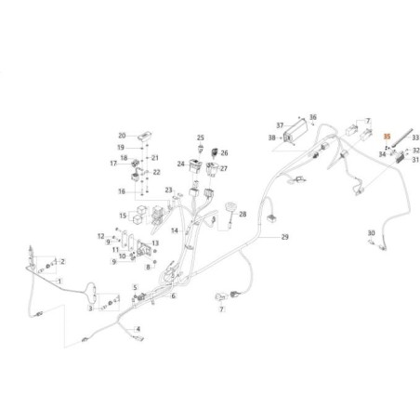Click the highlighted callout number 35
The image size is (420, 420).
tap(387, 137)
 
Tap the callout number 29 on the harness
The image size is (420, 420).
tap(284, 237)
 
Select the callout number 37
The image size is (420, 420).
tap(280, 125)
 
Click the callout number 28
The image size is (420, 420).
tap(243, 214)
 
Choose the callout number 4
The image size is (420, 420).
tap(138, 329)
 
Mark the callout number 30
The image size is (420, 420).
tap(371, 233)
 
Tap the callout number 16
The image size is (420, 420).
tap(122, 191)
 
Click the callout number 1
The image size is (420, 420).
tap(59, 282)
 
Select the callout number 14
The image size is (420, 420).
tap(175, 230)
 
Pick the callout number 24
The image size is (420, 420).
tap(181, 164)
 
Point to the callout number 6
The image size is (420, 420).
tap(173, 295)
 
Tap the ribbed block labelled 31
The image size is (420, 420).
tap(401, 158)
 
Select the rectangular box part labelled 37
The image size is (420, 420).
tap(295, 133)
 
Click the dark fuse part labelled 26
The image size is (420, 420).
tap(215, 152)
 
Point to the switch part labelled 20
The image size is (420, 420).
tap(145, 137)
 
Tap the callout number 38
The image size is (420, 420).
tap(271, 138)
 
